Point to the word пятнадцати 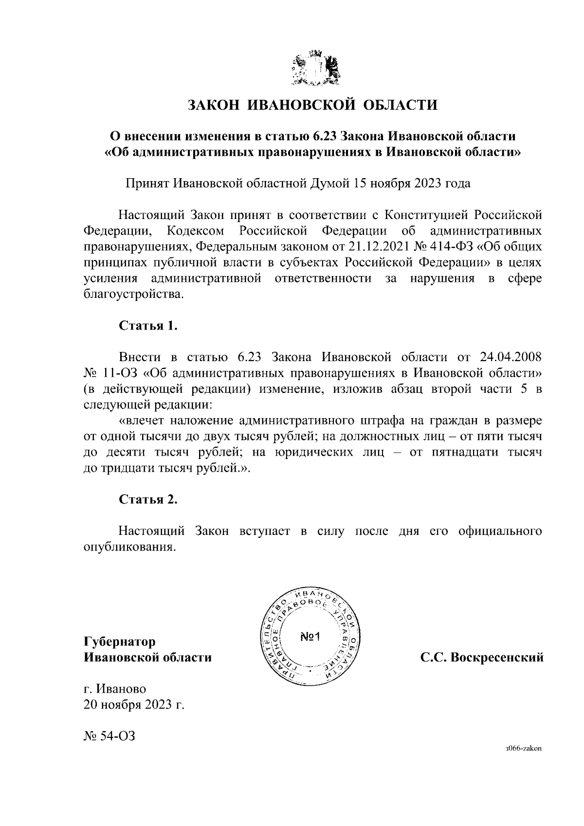pos(463,453)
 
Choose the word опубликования pos(129,547)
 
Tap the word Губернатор pos(120,642)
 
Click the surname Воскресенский pos(497,658)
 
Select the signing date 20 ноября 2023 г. pos(134,705)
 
